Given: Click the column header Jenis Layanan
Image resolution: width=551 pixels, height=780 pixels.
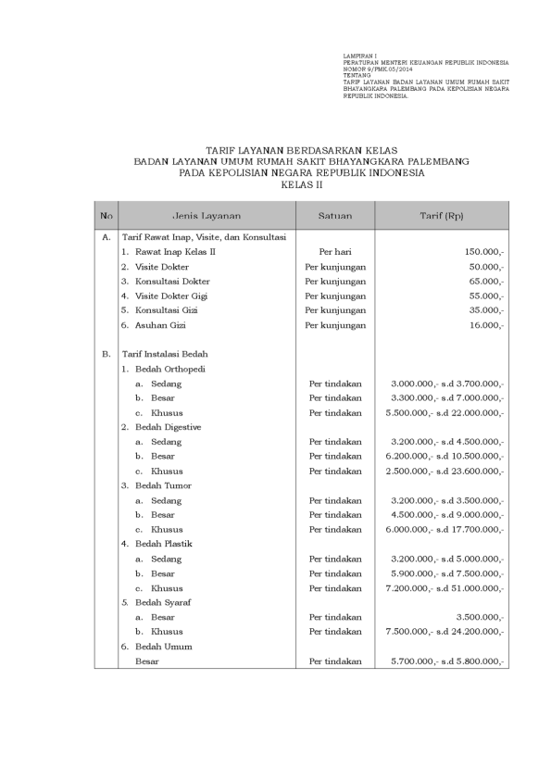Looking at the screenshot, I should point(207,216).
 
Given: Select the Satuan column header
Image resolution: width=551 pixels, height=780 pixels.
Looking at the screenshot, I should point(334,216).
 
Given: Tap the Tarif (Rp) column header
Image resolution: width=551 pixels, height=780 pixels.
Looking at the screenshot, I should point(442,216).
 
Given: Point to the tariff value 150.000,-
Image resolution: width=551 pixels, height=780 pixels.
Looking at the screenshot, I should point(484,252).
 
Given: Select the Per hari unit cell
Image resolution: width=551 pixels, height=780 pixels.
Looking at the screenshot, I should point(335,252).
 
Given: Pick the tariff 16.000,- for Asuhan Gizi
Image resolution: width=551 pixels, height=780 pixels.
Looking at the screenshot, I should point(486,325).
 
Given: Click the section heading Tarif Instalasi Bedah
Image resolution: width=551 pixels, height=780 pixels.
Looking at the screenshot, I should point(165,354).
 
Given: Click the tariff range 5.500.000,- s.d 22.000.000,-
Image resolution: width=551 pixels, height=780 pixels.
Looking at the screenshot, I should point(445,412).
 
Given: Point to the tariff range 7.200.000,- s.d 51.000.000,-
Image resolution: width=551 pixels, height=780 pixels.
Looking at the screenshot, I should point(445,588).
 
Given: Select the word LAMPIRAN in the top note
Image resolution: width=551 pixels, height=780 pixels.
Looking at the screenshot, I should point(357,57).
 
